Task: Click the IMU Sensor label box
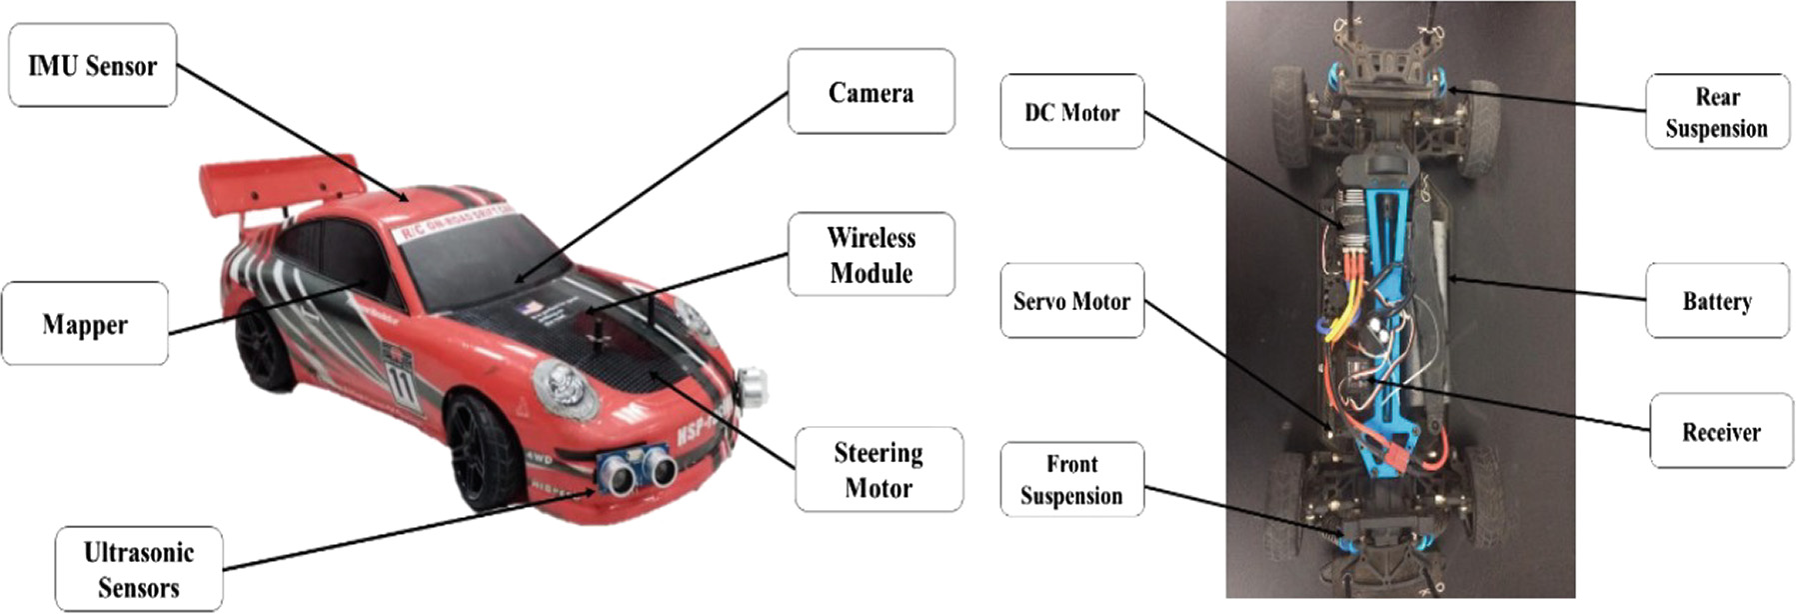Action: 92,66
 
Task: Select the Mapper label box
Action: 85,324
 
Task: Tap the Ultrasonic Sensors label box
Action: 139,569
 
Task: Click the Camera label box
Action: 871,92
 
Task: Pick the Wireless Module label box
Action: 871,254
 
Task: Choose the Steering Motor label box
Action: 879,469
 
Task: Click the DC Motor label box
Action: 1071,112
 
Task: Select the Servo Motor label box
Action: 1071,300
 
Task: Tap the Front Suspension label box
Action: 1071,479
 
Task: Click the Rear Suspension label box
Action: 1716,112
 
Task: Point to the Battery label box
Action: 1716,300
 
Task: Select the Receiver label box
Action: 1720,431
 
